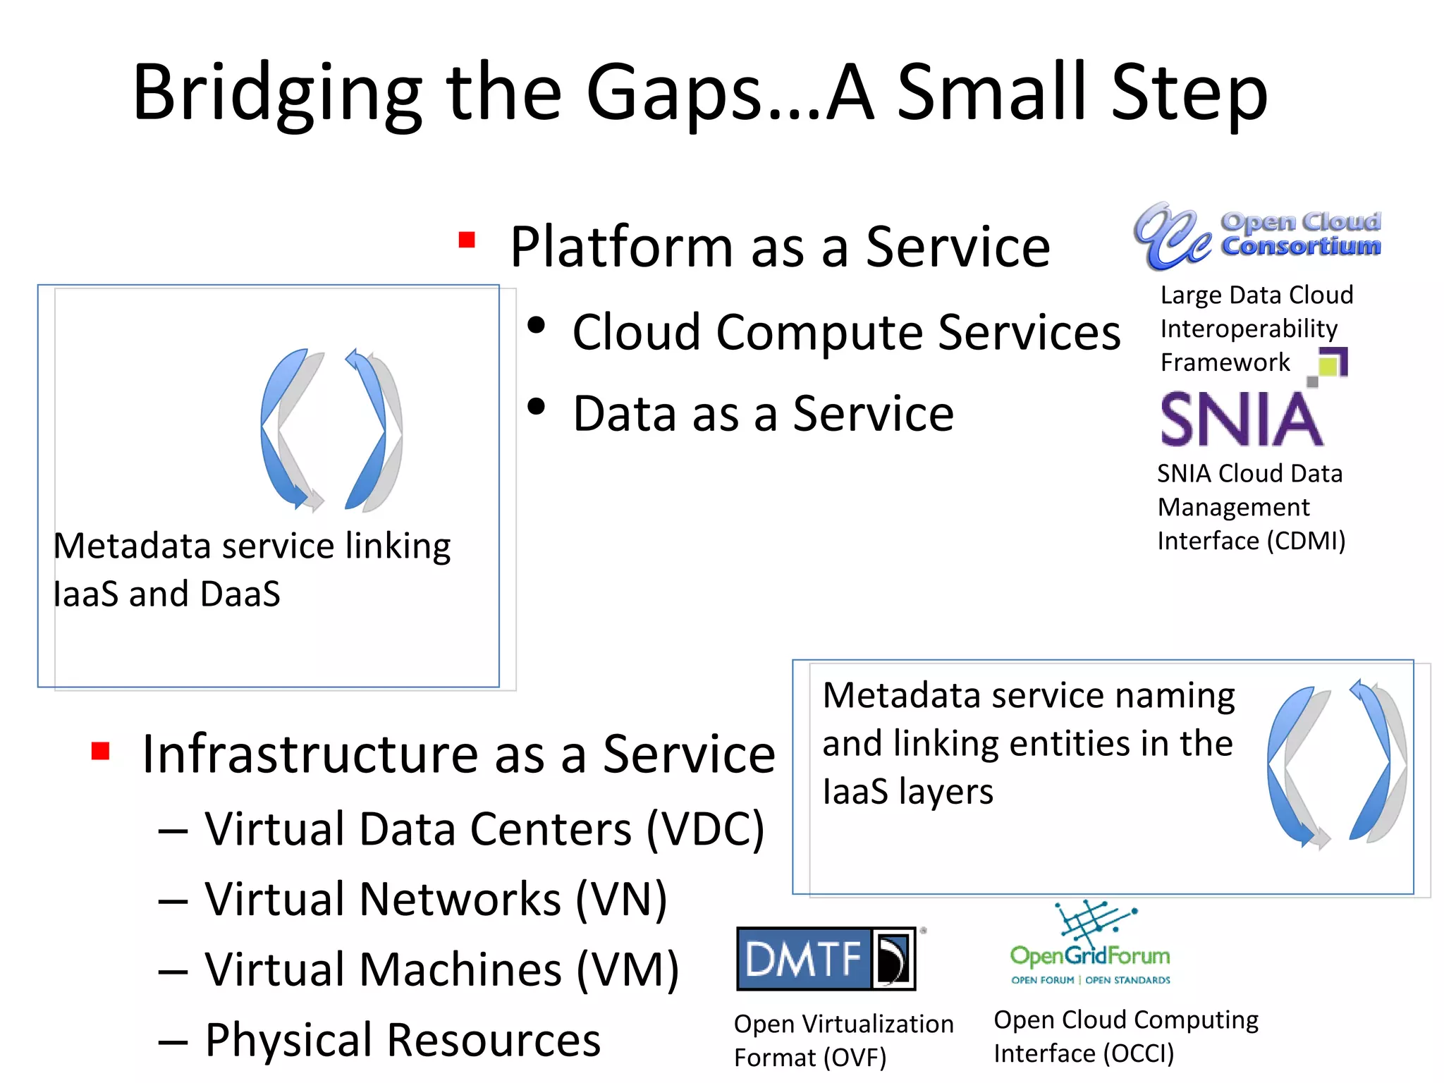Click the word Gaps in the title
click(675, 94)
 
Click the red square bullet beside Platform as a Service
click(466, 240)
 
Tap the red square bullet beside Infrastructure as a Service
click(100, 751)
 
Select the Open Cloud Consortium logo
click(1256, 237)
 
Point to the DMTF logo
click(826, 959)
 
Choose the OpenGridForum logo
click(1090, 945)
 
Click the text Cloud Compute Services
click(846, 332)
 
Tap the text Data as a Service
click(763, 414)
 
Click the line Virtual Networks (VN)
click(435, 899)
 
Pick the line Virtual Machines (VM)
click(441, 969)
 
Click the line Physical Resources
click(402, 1040)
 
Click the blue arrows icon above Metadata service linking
click(331, 430)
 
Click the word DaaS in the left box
click(240, 594)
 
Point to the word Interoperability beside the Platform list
click(1249, 329)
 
